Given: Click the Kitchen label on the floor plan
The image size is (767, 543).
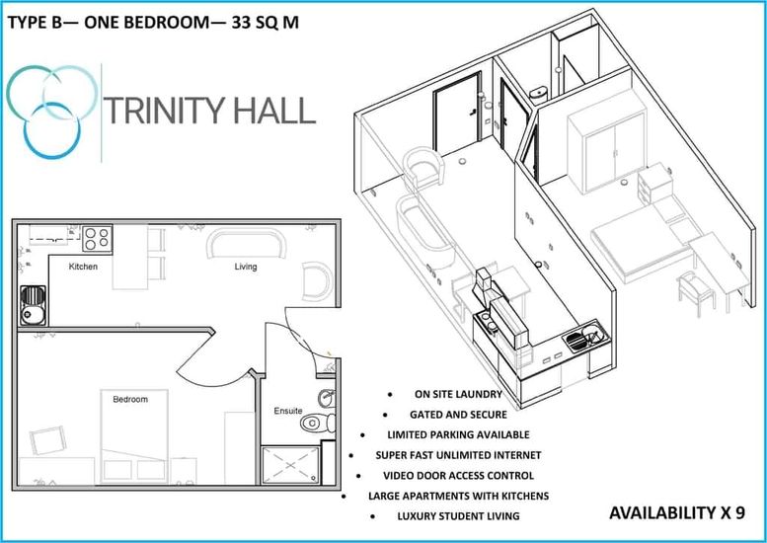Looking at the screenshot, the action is [83, 267].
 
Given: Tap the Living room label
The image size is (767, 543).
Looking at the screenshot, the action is [245, 267].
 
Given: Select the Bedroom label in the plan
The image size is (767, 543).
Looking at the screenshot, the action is [130, 399].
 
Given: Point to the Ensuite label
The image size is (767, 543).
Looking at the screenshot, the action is [288, 411].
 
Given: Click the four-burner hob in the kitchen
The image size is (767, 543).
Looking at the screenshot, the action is [97, 238].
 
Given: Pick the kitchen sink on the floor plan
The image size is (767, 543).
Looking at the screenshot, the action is [34, 306].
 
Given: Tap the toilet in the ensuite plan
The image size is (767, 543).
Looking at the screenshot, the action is [317, 423].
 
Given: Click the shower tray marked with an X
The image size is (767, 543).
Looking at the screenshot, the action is [290, 465].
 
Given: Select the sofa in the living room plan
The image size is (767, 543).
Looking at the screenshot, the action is [246, 244].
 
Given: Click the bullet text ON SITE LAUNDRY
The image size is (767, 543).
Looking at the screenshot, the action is [458, 394].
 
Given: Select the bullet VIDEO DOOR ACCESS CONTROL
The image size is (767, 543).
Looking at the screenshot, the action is [458, 476].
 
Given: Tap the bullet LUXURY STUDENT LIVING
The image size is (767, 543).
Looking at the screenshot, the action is [458, 516].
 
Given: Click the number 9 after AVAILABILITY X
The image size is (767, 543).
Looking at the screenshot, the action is [739, 512].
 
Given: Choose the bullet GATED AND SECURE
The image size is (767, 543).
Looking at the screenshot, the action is [458, 415].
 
